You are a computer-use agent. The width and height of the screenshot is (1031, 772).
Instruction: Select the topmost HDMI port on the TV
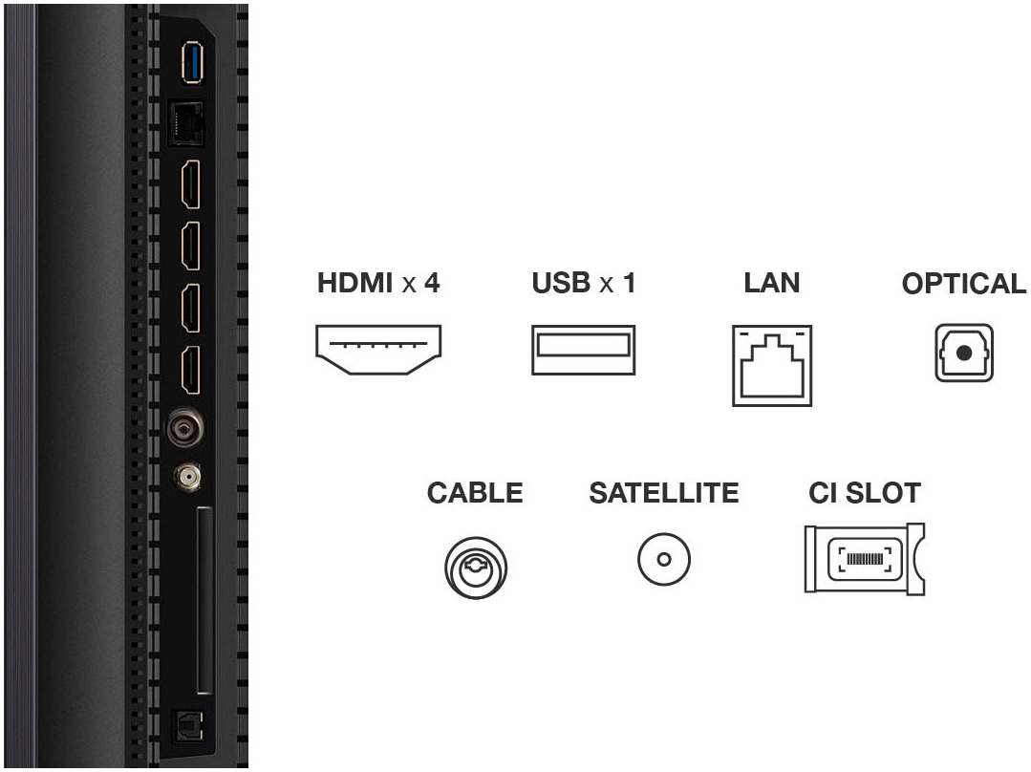pos(191,183)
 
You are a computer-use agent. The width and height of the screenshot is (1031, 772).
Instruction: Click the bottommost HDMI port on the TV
pos(191,370)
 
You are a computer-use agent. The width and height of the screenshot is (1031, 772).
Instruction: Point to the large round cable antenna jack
pos(183,428)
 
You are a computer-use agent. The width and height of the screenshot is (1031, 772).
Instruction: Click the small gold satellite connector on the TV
pos(186,474)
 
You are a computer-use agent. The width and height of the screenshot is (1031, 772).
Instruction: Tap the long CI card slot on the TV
pos(204,601)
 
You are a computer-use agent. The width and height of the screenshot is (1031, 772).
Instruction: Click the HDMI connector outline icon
pos(379,349)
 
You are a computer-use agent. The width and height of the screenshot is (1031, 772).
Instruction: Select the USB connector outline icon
pos(583,350)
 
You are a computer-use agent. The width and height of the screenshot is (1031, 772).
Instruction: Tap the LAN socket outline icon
pos(772,366)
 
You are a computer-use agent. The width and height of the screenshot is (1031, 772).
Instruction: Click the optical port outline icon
pos(963,354)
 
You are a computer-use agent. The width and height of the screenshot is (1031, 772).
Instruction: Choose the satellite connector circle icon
pos(664,559)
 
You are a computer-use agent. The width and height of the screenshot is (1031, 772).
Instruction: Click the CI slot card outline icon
pos(864,559)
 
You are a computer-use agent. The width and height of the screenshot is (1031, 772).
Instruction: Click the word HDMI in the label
pos(355,284)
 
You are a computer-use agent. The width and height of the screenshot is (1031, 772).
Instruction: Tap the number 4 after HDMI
pos(432,284)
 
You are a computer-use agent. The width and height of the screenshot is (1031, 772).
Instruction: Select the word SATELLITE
pos(664,493)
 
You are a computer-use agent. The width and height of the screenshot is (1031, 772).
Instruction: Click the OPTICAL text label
pos(963,285)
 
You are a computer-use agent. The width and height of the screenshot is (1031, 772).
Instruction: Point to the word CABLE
pos(475,493)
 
